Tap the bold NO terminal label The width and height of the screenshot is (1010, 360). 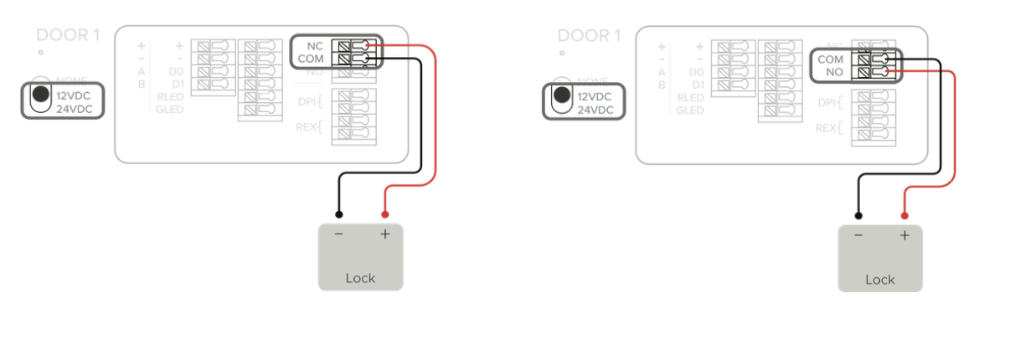834,73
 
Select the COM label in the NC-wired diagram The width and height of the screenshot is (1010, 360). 311,59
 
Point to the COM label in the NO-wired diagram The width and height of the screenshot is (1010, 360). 830,59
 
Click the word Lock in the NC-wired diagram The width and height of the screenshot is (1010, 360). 360,277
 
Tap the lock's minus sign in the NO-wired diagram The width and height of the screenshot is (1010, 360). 858,236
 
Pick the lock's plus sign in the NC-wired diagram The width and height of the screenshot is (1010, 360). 385,234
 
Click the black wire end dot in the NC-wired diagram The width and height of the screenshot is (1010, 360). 338,214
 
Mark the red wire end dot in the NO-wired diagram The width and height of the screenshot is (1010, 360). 904,215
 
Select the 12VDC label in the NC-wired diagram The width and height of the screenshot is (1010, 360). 74,95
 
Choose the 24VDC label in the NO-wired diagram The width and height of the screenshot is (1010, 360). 595,110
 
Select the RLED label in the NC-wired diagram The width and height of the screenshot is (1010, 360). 170,97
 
